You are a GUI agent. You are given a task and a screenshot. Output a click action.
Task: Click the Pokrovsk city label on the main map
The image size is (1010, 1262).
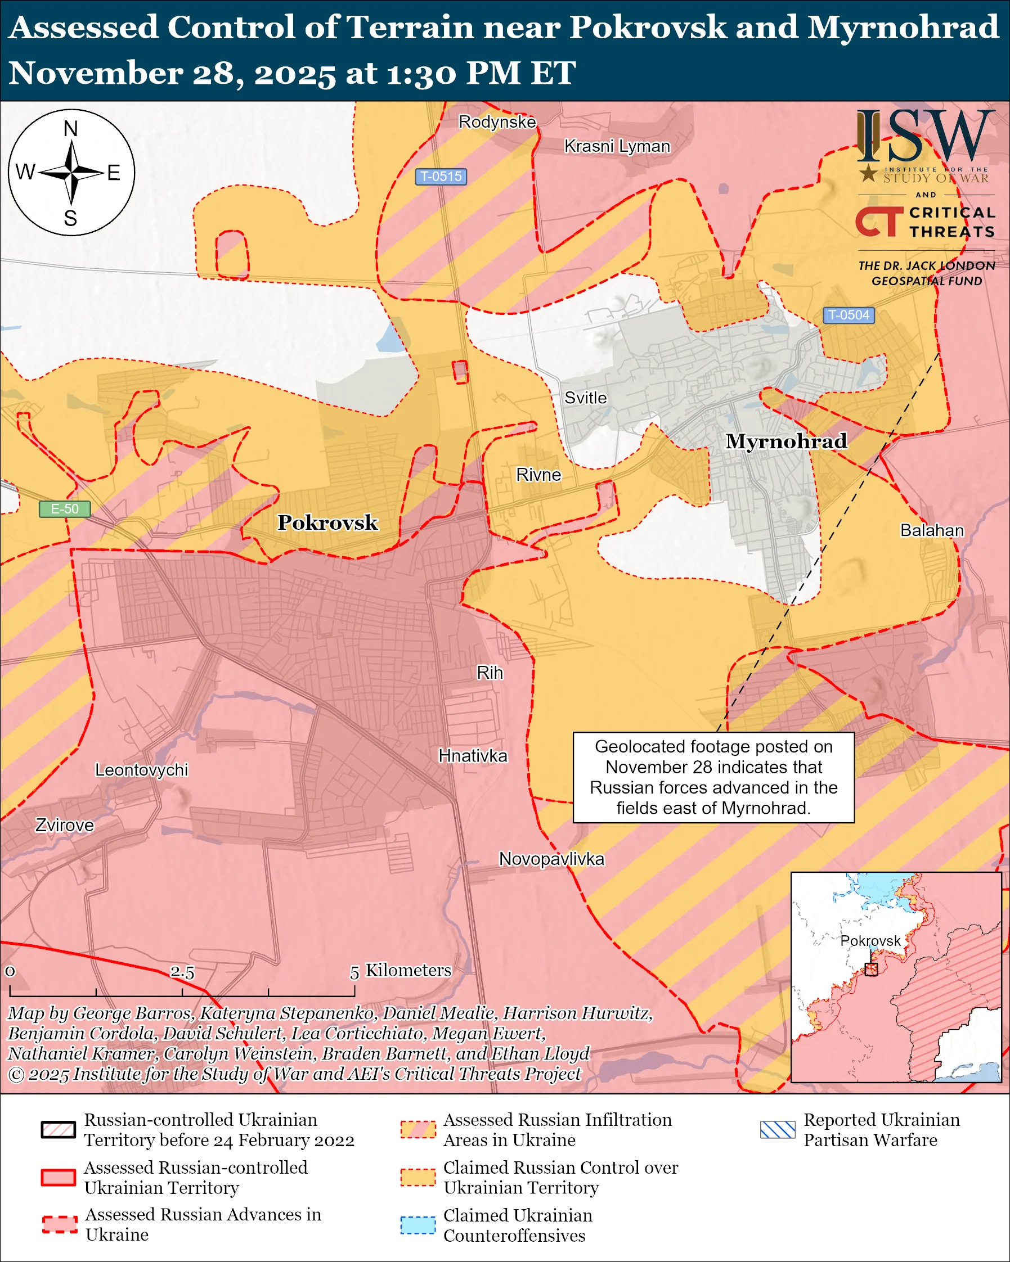[x=327, y=522]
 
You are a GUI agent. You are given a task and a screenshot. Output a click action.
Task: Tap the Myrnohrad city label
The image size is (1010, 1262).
[x=785, y=441]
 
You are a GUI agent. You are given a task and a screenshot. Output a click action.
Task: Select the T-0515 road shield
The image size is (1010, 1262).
[x=441, y=176]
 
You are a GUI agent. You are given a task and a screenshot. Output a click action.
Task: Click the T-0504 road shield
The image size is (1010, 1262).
[x=849, y=315]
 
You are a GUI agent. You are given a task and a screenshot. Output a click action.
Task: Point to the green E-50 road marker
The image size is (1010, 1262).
[x=64, y=508]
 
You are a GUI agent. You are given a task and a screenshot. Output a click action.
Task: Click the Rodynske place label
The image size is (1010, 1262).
[x=496, y=121]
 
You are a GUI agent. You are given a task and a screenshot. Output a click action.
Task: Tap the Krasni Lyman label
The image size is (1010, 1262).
[x=617, y=146]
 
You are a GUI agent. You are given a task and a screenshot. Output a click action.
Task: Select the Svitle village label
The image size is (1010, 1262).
[x=585, y=398]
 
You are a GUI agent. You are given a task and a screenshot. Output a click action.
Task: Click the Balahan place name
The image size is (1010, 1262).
[x=932, y=530]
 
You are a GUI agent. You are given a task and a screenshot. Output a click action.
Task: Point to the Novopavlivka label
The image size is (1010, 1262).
[x=551, y=859]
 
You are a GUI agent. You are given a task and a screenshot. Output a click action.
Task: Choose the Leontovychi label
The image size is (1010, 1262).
[x=141, y=770]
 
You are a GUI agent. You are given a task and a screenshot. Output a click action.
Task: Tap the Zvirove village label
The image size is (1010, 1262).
[x=64, y=826]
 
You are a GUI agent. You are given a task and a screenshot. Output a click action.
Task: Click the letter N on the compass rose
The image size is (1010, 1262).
[x=71, y=129]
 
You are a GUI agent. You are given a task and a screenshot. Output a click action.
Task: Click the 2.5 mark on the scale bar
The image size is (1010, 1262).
[x=182, y=972]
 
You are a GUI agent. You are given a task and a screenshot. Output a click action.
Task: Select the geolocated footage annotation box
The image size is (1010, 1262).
[x=713, y=777]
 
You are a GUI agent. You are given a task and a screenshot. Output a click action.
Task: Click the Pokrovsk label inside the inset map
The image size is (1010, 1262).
[x=870, y=941]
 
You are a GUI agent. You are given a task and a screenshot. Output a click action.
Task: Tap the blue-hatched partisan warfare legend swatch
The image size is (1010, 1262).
[x=778, y=1130]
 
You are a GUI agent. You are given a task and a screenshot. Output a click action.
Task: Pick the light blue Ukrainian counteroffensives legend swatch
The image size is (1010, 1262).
[x=418, y=1225]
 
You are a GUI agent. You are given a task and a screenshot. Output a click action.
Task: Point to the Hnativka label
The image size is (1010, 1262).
[x=473, y=756]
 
